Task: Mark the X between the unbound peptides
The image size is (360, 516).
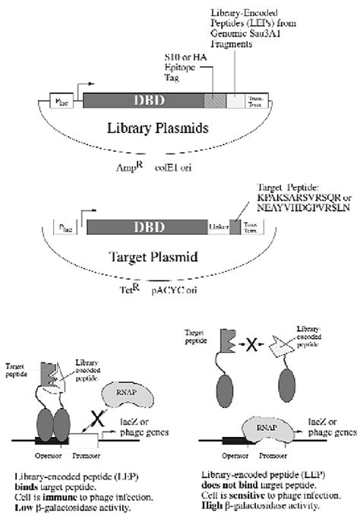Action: (253, 348)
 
